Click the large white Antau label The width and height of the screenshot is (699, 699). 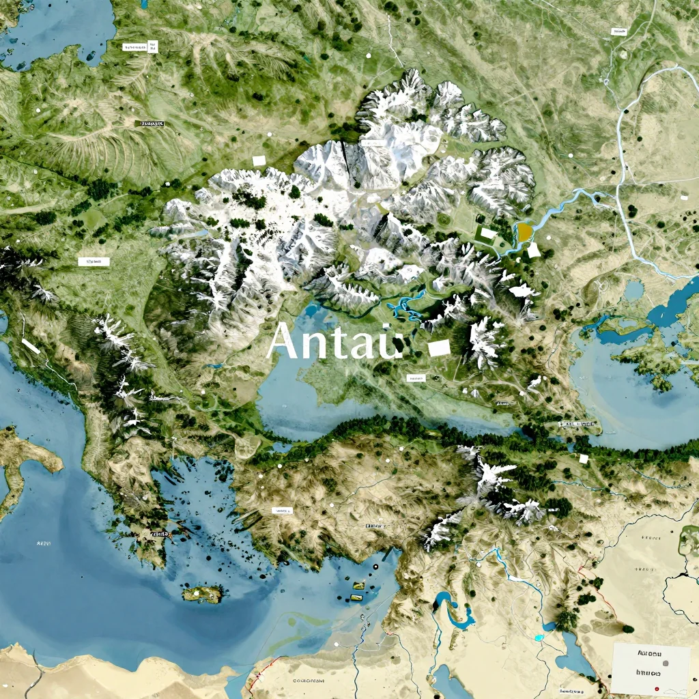[334, 341]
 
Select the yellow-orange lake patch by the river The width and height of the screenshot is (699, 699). [524, 232]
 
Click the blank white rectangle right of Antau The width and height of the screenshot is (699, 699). [439, 347]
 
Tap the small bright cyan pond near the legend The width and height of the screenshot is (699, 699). [539, 638]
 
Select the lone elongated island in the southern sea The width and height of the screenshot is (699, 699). [203, 595]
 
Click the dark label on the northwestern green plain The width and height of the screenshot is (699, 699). [151, 124]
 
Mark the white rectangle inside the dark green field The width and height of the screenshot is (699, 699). [488, 233]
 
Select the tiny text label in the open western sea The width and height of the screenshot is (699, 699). [42, 543]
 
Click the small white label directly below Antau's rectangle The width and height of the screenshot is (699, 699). [415, 377]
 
